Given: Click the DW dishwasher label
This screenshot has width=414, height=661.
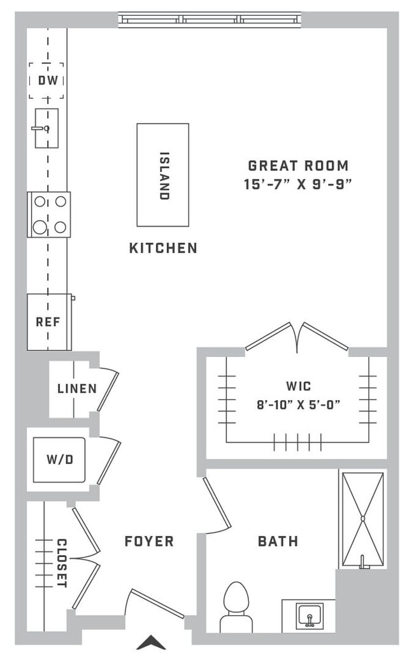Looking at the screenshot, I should (46, 81).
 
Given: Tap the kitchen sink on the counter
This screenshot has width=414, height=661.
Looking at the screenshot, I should (46, 128).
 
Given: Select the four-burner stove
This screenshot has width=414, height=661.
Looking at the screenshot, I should (49, 214).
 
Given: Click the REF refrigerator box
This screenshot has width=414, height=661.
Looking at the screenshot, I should (48, 322).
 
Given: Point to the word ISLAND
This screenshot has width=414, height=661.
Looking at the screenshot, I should (164, 175).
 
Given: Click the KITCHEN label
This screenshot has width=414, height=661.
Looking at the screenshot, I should (163, 248).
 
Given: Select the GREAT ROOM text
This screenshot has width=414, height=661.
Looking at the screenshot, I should (298, 166).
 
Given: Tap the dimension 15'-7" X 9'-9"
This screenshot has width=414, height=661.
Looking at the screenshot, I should (298, 184).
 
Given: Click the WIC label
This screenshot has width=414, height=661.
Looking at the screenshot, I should (298, 386).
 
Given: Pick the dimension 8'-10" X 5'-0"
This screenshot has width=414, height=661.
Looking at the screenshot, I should (298, 405).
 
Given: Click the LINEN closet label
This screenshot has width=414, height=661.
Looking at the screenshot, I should (76, 388).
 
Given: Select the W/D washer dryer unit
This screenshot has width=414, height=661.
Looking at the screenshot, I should (59, 460).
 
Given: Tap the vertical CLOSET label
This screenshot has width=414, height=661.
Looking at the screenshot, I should (62, 563).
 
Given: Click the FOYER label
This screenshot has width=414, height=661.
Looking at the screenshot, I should (149, 542).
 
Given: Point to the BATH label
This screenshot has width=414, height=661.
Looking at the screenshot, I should (278, 542).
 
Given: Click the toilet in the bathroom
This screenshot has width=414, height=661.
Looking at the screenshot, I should (236, 606).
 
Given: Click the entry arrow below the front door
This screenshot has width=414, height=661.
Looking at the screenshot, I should (151, 643).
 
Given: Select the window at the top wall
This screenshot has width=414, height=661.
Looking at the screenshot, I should (210, 20).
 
